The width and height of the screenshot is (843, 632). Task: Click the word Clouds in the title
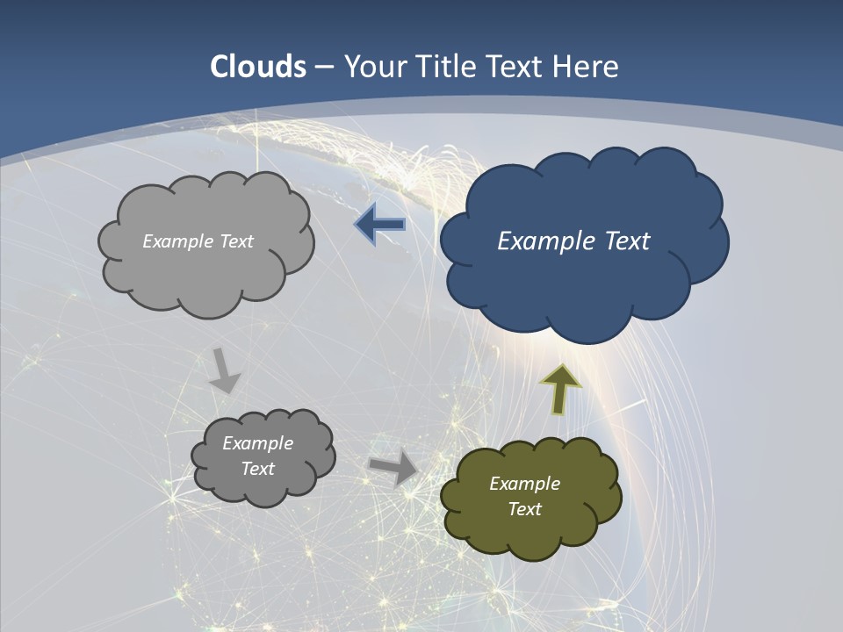(x=258, y=67)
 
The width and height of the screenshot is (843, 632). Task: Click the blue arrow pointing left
(x=379, y=225)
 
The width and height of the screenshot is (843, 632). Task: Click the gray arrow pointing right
(x=394, y=467)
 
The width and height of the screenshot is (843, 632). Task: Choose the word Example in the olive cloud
(x=524, y=484)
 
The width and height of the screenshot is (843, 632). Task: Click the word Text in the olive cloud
(x=524, y=509)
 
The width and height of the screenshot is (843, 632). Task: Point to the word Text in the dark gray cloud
(x=258, y=469)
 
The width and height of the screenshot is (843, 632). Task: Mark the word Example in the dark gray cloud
(x=258, y=443)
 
